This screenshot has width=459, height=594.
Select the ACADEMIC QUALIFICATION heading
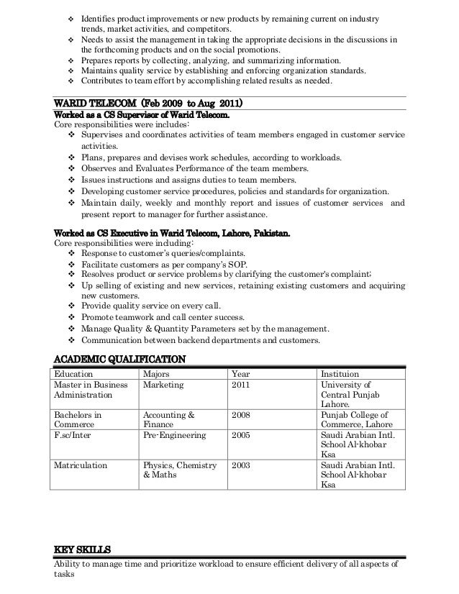pos(120,359)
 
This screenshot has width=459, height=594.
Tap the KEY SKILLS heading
pos(83,550)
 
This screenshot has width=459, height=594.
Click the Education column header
pos(76,374)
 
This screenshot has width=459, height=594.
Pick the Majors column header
pos(158,374)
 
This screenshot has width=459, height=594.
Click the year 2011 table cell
pos(242,385)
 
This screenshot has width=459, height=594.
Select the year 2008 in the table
pos(242,415)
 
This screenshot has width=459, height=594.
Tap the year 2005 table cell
pos(242,435)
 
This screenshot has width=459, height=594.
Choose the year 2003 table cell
pos(242,465)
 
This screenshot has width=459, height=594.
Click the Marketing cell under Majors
pos(163,385)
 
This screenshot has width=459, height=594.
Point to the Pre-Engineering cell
pos(175,435)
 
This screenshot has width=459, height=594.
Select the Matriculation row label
pos(81,465)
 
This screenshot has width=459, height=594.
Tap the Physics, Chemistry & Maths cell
pos(180,470)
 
